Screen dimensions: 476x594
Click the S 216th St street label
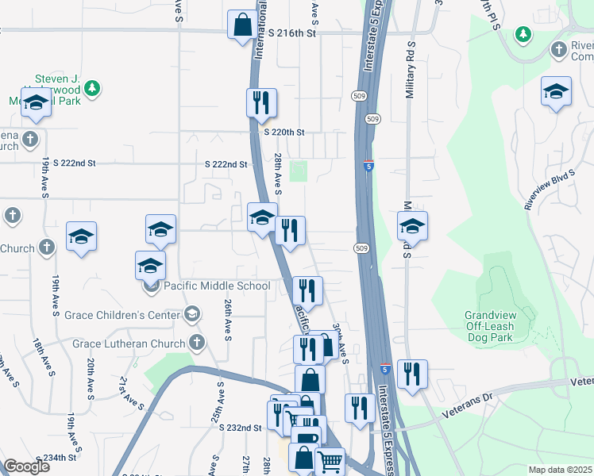(292, 33)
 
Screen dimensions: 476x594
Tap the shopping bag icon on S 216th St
(241, 25)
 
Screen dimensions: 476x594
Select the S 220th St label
(283, 132)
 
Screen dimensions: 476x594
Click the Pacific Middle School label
(217, 286)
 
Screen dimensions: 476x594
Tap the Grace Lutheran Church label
(129, 344)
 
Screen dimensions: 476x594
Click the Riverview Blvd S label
(550, 189)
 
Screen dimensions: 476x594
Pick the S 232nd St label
(240, 428)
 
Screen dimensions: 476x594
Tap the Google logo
(26, 466)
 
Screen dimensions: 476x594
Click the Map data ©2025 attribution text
(560, 470)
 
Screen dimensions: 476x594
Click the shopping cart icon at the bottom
(330, 461)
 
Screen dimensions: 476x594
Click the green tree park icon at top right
(523, 33)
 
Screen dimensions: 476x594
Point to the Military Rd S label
(410, 71)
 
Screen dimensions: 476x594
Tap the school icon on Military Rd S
(411, 225)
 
